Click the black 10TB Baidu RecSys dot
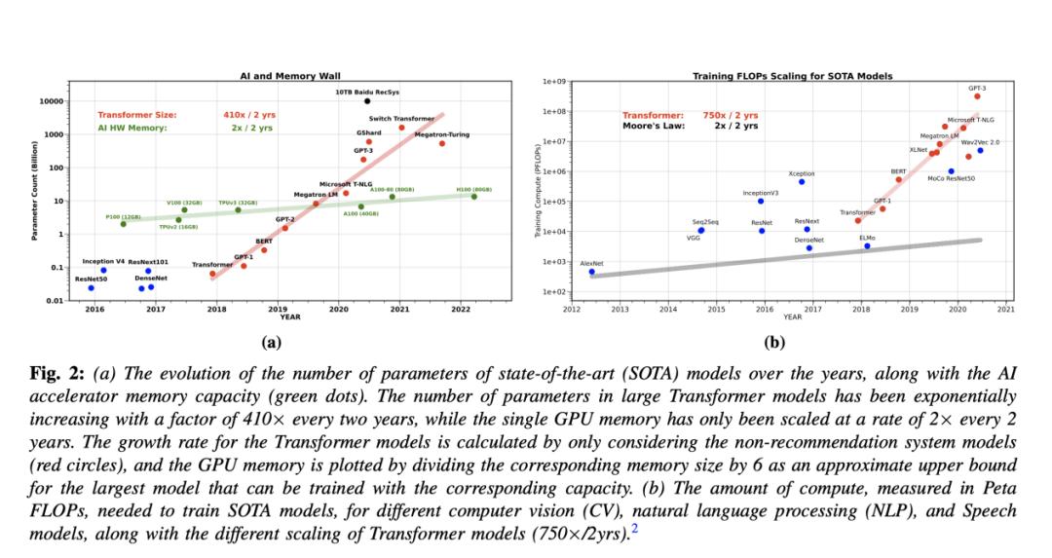coord(367,100)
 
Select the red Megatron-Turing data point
coord(441,143)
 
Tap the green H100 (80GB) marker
coord(474,197)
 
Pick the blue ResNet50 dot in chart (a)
coord(91,287)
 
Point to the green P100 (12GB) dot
coord(123,224)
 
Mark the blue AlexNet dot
coord(591,272)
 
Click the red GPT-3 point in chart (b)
coord(977,96)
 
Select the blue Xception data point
coord(802,181)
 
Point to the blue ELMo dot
coord(867,245)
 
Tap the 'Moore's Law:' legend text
coord(653,126)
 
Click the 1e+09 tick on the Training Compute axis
coord(556,82)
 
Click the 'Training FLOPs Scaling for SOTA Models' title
coord(792,76)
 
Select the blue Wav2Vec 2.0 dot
coord(980,150)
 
